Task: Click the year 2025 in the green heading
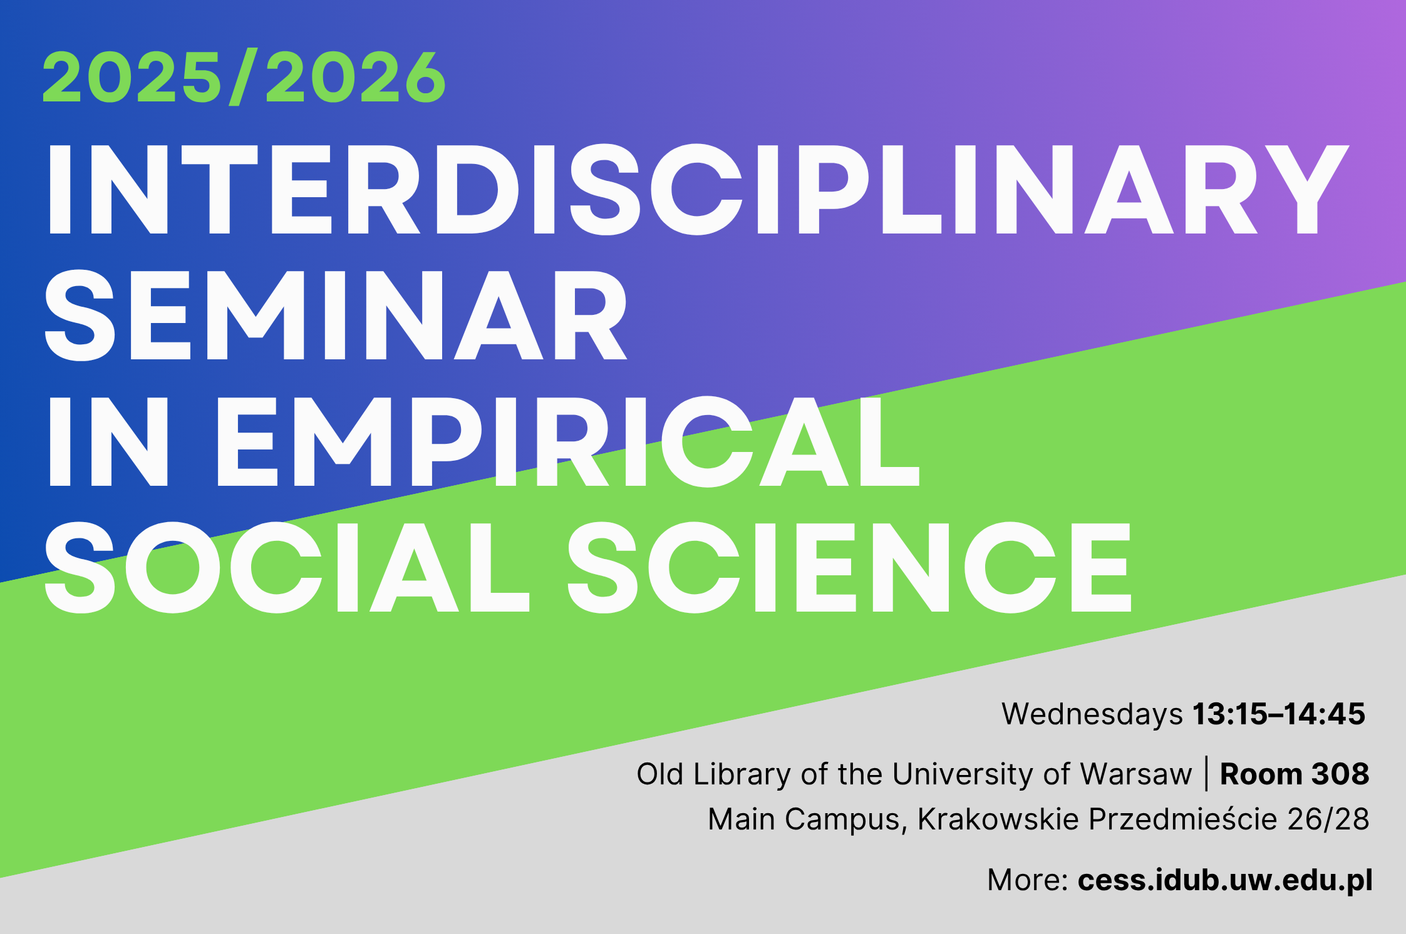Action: [x=132, y=77]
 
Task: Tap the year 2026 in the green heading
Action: [x=356, y=77]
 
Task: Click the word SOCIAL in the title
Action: [x=287, y=567]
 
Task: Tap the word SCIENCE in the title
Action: [x=849, y=567]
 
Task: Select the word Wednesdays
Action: [x=1092, y=714]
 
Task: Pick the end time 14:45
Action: [x=1330, y=714]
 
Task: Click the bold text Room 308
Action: [x=1295, y=774]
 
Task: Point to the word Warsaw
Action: [x=1135, y=774]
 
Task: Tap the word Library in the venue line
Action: [x=742, y=774]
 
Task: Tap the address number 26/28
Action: [x=1328, y=819]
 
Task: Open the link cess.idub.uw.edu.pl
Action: [x=1225, y=880]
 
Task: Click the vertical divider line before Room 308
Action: [x=1206, y=774]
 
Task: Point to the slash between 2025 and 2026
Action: [x=244, y=77]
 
